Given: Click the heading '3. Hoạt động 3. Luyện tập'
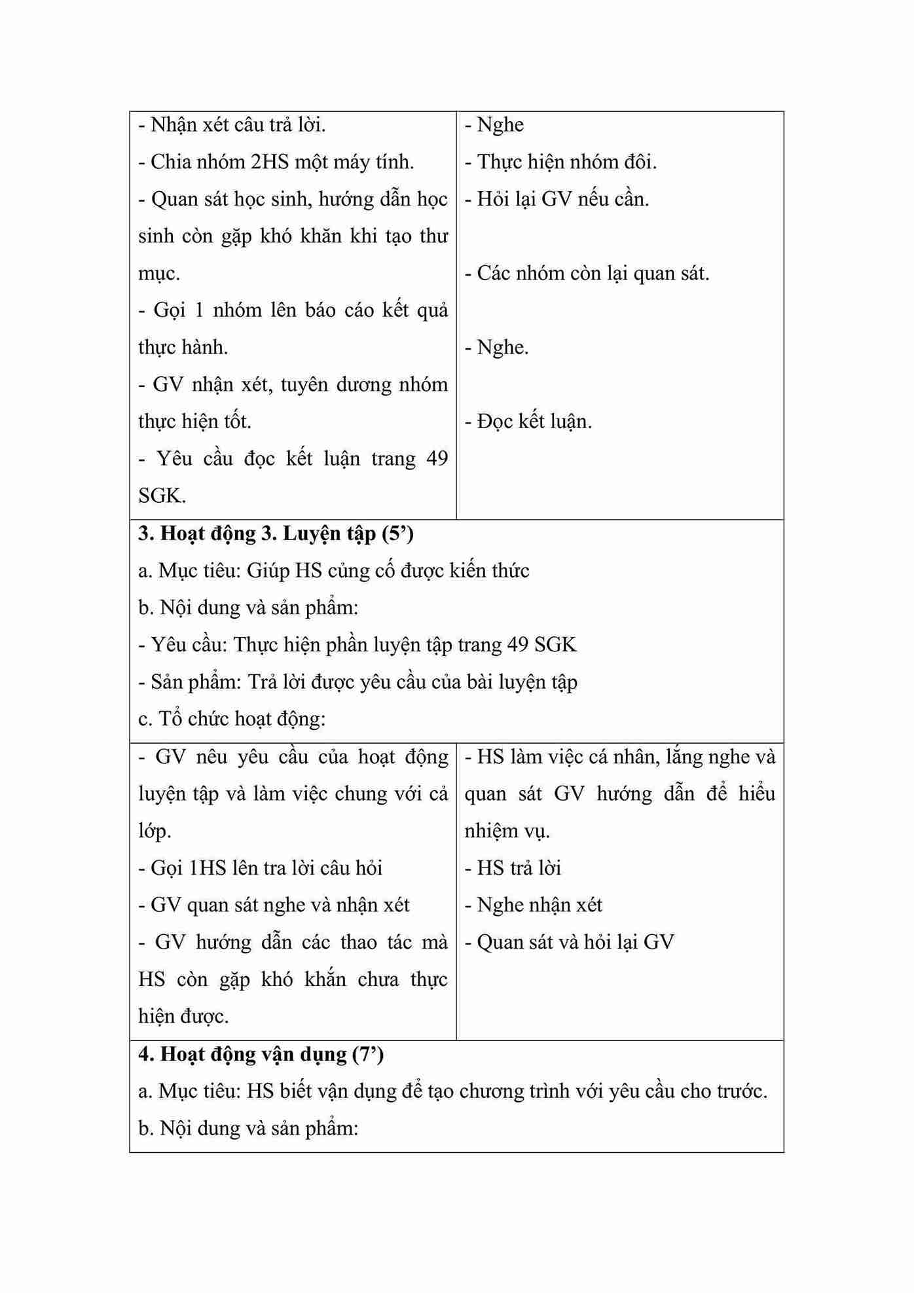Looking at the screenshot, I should tap(276, 534).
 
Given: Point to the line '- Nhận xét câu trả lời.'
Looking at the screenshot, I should tap(232, 124).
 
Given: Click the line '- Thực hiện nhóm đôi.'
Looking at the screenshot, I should tap(560, 162).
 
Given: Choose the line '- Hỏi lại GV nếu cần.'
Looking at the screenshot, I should tap(557, 199).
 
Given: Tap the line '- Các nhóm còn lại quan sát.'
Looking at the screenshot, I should tap(587, 273).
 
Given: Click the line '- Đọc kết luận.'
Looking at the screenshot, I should tap(528, 422).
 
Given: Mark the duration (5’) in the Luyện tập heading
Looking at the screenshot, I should tap(397, 534).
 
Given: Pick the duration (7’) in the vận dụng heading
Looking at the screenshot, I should tap(367, 1054).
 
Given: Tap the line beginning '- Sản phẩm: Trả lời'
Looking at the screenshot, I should tap(357, 682).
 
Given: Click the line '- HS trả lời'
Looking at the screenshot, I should tap(513, 868).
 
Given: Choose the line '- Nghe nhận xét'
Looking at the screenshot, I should tap(533, 905).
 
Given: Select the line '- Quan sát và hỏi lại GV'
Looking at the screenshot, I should tap(569, 943).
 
